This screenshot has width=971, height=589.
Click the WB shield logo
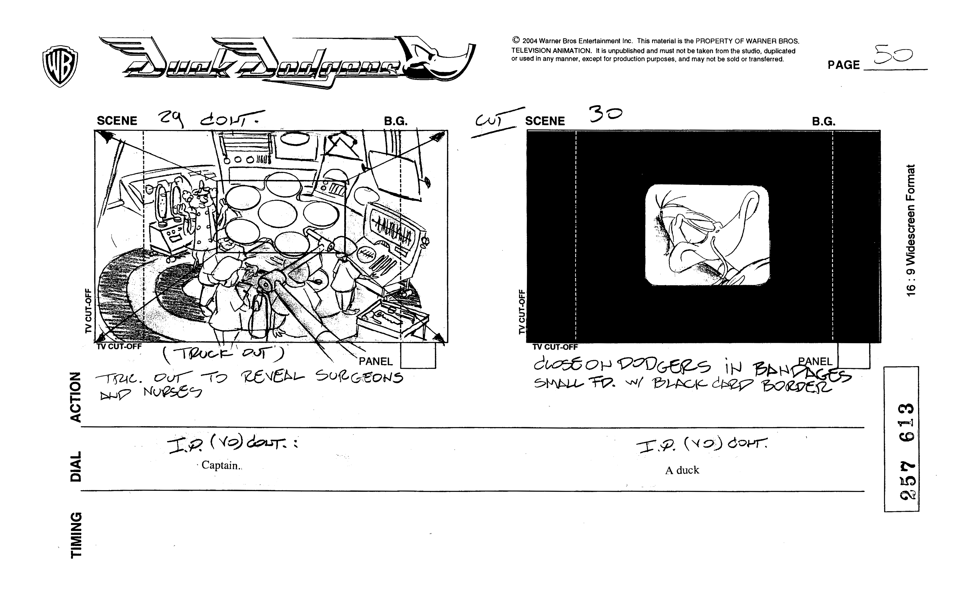click(60, 65)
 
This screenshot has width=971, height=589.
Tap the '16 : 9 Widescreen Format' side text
click(911, 230)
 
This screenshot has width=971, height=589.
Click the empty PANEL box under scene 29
click(418, 355)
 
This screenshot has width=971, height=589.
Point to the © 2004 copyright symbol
click(516, 40)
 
